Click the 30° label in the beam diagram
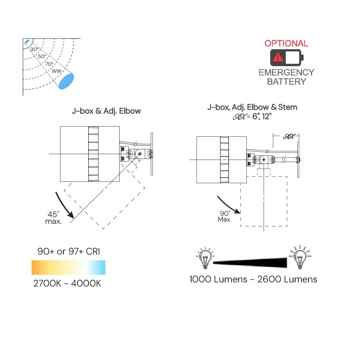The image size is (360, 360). click(x=34, y=49)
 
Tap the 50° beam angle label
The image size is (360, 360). click(x=42, y=56)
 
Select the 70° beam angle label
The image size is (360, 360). click(x=49, y=64)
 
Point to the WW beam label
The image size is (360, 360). click(x=56, y=71)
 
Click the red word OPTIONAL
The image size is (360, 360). click(x=286, y=43)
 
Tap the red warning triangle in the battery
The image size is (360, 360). click(x=278, y=58)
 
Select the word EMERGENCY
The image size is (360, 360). click(x=286, y=72)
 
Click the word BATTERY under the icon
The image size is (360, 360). click(x=286, y=82)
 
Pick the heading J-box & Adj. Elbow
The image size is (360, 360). click(x=106, y=111)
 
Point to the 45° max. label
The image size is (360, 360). click(x=53, y=218)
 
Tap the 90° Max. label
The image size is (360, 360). click(x=225, y=216)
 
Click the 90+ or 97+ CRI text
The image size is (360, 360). click(x=69, y=251)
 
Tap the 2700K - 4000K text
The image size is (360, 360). click(x=67, y=283)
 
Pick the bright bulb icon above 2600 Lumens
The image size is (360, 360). click(x=300, y=257)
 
